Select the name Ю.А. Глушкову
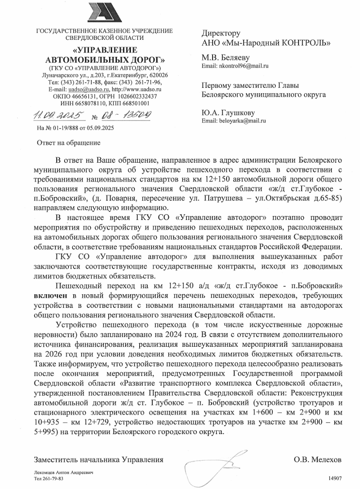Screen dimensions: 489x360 point(228,113)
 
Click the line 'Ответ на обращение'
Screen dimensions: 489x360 point(69,143)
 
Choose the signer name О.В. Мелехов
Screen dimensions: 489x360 point(318,459)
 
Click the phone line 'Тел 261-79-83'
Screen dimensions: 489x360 point(49,478)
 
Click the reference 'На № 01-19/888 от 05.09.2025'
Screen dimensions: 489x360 point(75,129)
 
